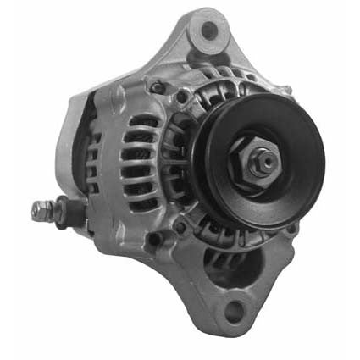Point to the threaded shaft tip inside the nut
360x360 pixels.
pos(264,158)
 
